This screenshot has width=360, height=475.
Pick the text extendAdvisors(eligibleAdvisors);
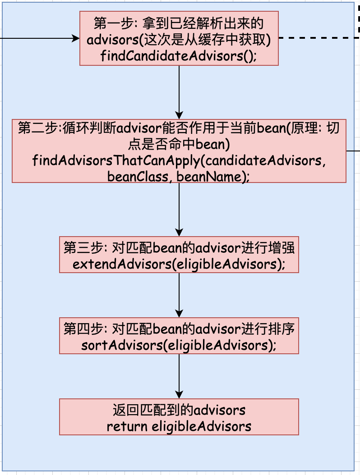click(x=179, y=264)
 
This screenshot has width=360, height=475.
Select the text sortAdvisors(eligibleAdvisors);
click(x=179, y=345)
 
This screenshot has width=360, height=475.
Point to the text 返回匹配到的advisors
click(x=179, y=410)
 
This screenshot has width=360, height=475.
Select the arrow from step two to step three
click(x=179, y=210)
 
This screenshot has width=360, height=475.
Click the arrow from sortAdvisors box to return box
click(x=179, y=376)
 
